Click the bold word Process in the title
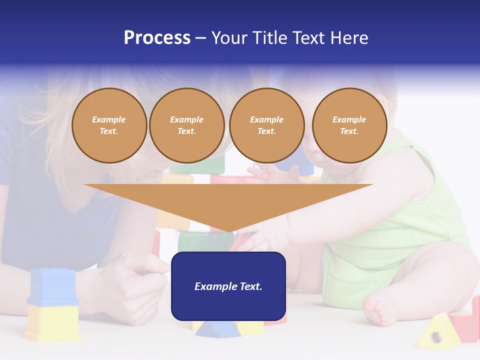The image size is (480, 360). tap(157, 37)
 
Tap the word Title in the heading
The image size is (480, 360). tap(270, 38)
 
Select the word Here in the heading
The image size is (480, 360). tap(349, 38)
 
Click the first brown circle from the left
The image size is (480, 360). tap(109, 125)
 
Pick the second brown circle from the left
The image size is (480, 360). tap(187, 125)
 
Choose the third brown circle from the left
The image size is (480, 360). tap(267, 125)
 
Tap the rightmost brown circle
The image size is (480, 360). tap(349, 125)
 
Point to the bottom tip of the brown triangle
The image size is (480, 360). tap(229, 231)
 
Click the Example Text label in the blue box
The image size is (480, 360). tap(228, 286)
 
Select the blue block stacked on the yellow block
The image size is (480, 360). tap(52, 287)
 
